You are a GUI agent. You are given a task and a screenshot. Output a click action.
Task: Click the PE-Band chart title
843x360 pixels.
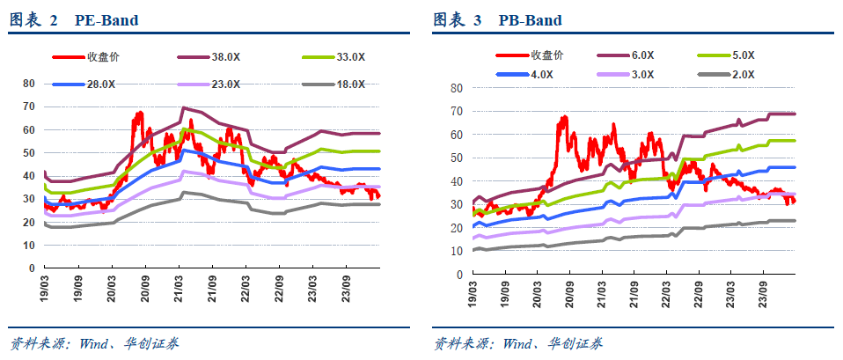pyautogui.click(x=74, y=20)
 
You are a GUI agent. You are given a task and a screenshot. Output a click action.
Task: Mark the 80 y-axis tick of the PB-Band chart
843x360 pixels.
pyautogui.click(x=457, y=88)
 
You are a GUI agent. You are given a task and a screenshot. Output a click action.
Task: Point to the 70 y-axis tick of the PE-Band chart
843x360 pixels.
pyautogui.click(x=28, y=107)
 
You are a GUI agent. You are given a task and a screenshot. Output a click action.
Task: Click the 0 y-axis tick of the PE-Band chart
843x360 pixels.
pyautogui.click(x=32, y=268)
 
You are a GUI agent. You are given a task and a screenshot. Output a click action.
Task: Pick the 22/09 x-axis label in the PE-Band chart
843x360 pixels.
pyautogui.click(x=278, y=289)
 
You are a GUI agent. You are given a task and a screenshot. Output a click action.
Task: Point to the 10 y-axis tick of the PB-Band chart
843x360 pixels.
pyautogui.click(x=457, y=251)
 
